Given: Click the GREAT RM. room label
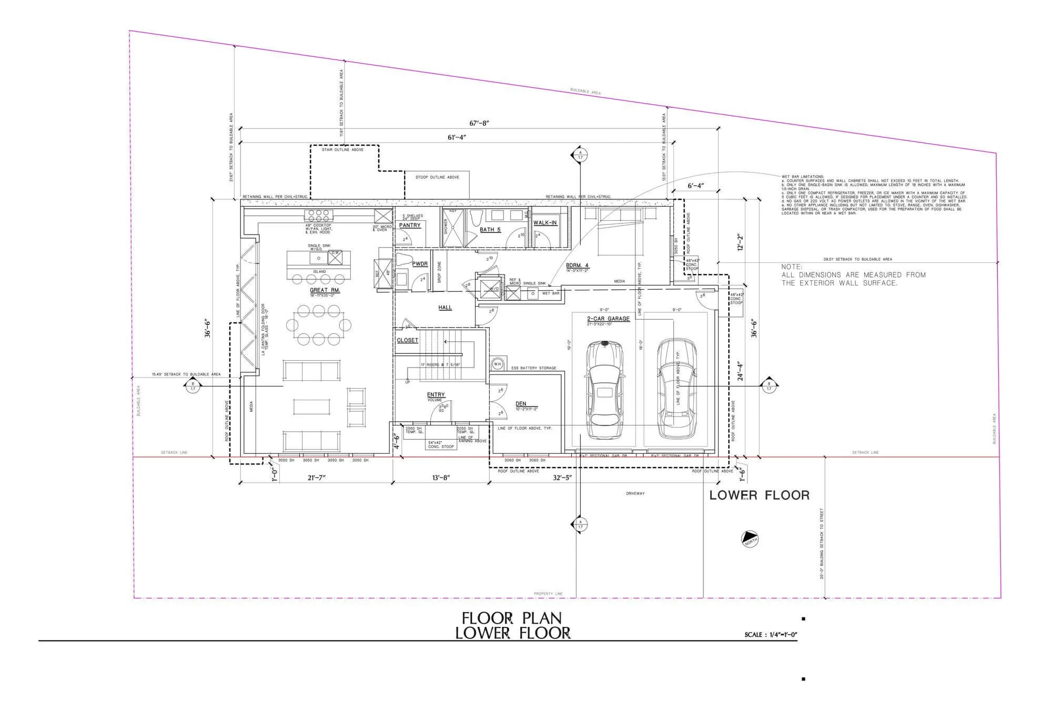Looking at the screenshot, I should tap(325, 290).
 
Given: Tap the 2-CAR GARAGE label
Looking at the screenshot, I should tap(608, 319).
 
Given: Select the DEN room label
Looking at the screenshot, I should tap(521, 404).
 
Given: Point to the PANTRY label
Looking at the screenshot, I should tap(410, 226).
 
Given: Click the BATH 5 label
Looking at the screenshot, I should tap(490, 230).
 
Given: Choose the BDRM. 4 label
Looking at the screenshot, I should tap(577, 266).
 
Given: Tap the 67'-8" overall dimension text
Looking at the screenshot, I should tap(480, 123).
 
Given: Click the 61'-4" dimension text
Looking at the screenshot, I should tap(457, 137).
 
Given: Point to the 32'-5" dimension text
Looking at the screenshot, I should tap(561, 478).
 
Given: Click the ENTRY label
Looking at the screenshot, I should tap(436, 394).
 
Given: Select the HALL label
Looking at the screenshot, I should tap(445, 308).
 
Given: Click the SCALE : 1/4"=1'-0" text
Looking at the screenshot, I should tap(771, 635).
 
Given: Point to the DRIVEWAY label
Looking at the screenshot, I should tap(635, 493).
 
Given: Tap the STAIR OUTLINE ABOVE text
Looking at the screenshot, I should tap(343, 150).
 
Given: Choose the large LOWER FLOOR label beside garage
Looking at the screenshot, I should tap(759, 495).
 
